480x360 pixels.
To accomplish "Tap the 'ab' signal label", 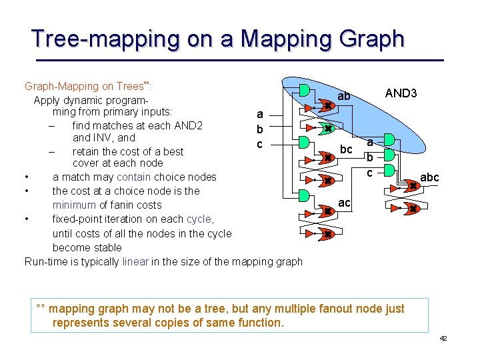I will pos(343,97).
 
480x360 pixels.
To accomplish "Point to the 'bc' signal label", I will pos(346,149).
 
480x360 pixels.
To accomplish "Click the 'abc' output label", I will pos(429,178).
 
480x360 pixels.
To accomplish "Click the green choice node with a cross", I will pos(327,128).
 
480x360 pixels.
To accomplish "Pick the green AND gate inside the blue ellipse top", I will pos(304,90).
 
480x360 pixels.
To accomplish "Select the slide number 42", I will pos(443,339).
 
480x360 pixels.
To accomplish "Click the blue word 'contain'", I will pos(133,177).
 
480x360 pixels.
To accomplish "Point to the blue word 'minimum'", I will pos(74,205).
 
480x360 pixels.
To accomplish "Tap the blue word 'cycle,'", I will pos(200,219).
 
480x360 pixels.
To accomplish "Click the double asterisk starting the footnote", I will pos(41,308).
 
